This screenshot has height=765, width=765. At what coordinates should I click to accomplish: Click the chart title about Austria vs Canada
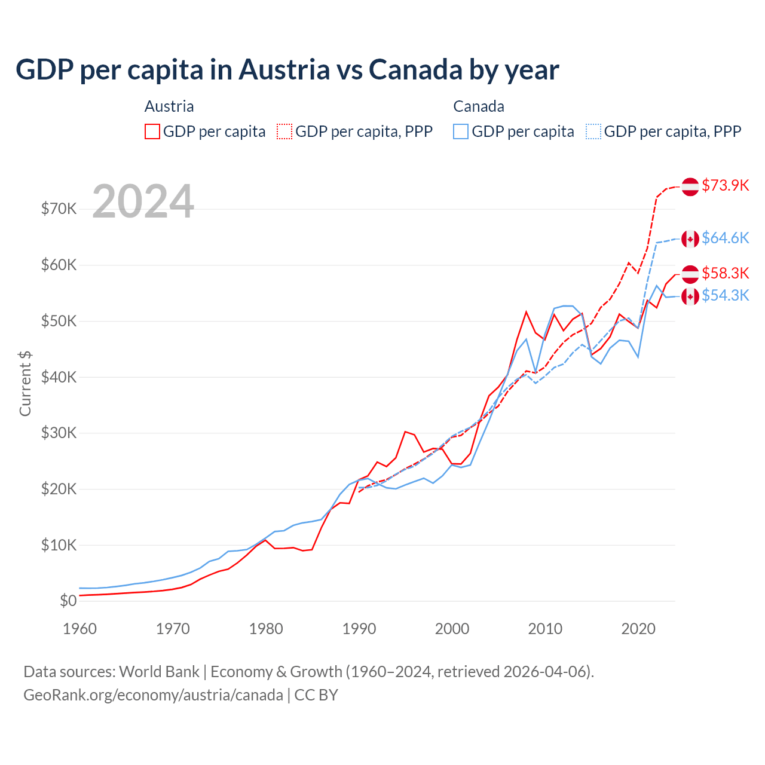coord(287,70)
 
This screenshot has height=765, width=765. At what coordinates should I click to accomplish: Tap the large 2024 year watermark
coord(143,201)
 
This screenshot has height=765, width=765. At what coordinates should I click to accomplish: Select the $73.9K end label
coord(725,185)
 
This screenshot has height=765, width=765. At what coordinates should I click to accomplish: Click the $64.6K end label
coord(725,238)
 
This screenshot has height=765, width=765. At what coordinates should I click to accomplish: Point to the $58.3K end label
coord(725,273)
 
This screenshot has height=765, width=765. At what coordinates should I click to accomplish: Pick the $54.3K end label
coord(725,295)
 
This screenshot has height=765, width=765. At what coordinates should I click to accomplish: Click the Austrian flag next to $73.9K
coord(690,186)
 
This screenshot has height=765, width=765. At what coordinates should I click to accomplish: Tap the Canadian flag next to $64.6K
coord(690,238)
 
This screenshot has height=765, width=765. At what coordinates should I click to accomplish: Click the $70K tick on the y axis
coord(59,209)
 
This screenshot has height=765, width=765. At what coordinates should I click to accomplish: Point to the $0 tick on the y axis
coord(68,601)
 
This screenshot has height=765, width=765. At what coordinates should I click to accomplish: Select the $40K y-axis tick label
coord(59,377)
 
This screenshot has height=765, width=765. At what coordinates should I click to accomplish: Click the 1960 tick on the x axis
coord(79,629)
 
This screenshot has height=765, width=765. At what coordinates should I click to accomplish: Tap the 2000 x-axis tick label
coord(452,629)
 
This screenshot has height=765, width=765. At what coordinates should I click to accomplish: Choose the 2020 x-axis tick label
coord(638,629)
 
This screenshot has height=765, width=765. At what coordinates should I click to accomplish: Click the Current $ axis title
coord(25,384)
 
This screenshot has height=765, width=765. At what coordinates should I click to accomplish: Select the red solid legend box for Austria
coord(152,131)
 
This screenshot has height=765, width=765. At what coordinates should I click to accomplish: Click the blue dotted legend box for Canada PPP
coord(593,131)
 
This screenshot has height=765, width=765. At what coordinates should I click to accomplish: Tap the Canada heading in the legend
coord(479,106)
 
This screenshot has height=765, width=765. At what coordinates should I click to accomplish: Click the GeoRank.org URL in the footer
coord(153,695)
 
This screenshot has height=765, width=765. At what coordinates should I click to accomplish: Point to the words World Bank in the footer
coord(159,672)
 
